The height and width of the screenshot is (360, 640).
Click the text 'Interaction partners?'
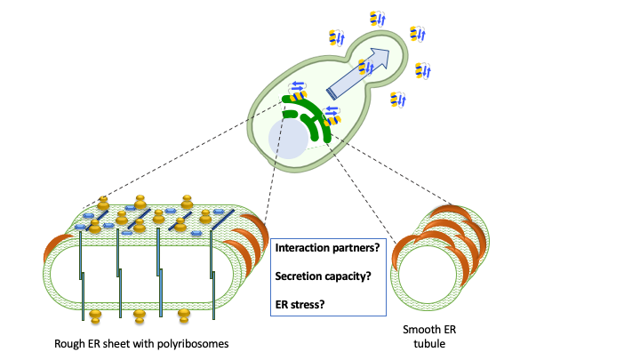point(328,246)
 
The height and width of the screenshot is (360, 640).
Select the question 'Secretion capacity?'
point(324,276)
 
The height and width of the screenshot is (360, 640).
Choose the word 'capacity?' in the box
point(350,276)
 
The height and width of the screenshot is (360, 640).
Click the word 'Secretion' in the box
point(300,276)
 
